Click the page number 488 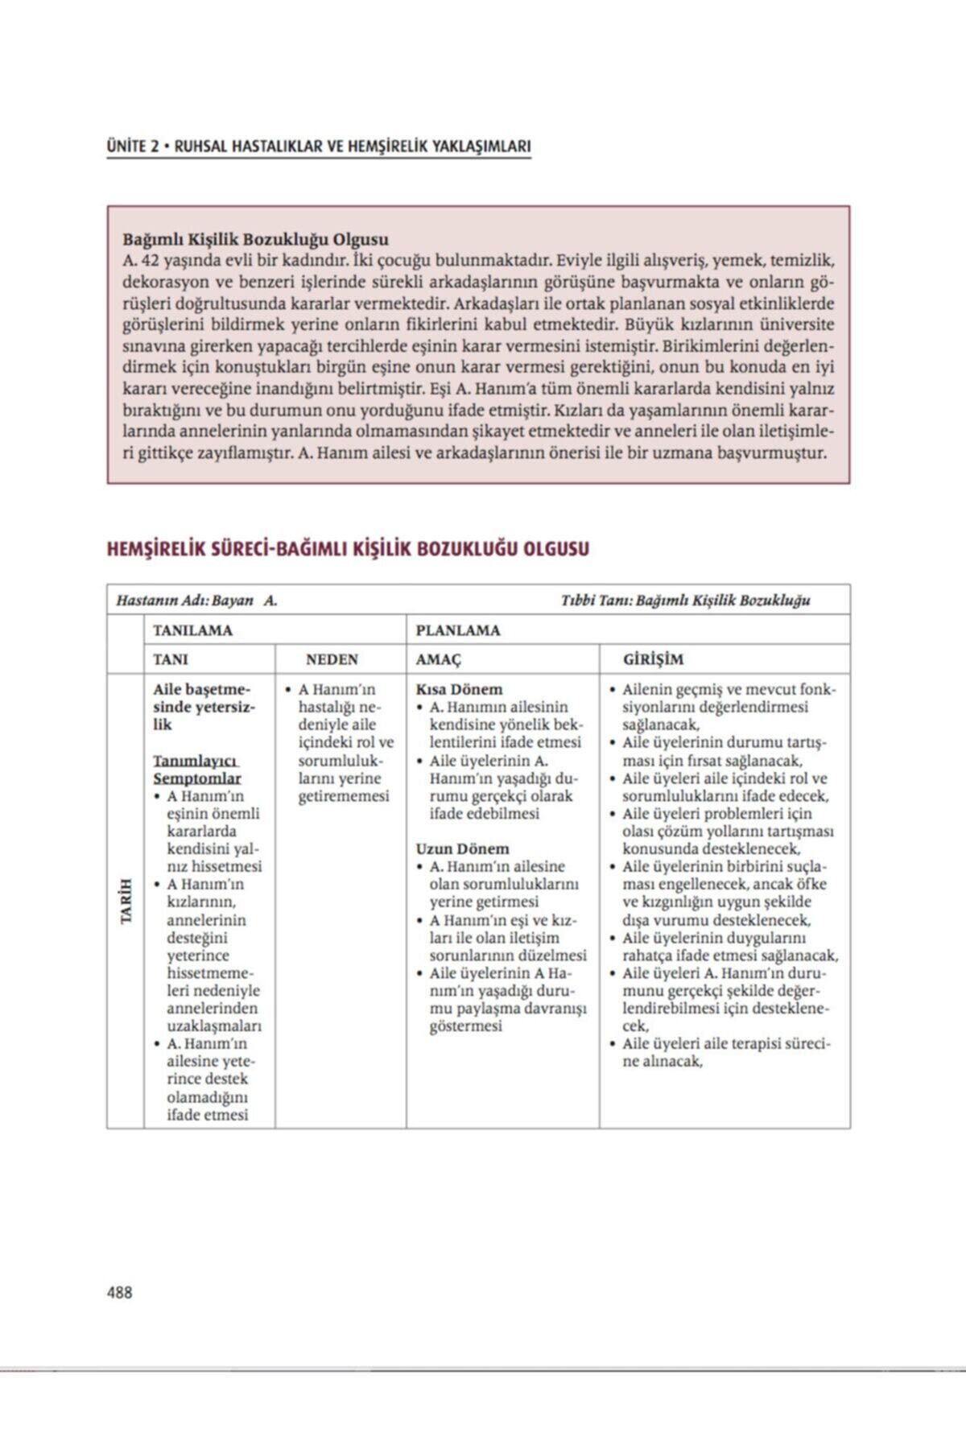[119, 1292]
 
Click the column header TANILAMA [192, 630]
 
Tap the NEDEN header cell [332, 659]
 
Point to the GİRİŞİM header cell [653, 659]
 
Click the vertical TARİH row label [126, 901]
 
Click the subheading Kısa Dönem [459, 689]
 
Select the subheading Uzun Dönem [462, 848]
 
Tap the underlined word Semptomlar [197, 778]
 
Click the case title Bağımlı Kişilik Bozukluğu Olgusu [255, 239]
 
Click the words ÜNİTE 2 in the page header [131, 147]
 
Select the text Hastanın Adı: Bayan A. [197, 601]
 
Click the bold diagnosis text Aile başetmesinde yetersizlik [202, 707]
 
